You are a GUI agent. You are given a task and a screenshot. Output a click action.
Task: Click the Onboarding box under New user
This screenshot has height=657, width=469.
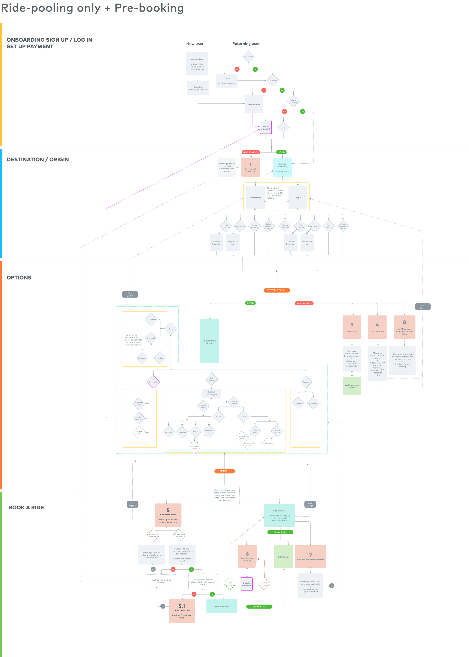point(197,64)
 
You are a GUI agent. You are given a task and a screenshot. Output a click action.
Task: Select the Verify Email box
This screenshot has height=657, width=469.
point(254,104)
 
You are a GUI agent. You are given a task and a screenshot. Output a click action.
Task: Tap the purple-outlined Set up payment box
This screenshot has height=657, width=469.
point(266,127)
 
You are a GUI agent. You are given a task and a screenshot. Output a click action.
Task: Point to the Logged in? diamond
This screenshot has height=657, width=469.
point(248,57)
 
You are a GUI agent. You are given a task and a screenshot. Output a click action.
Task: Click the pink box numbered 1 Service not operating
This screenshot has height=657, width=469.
point(250,167)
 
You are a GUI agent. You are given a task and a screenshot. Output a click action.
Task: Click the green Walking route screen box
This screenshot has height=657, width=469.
point(352,386)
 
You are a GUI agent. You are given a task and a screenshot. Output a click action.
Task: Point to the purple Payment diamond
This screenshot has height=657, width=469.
point(153,382)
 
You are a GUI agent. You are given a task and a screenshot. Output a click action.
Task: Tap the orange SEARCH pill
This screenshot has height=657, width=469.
point(224,471)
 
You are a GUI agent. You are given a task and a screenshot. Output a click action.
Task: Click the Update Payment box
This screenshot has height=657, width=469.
point(247,584)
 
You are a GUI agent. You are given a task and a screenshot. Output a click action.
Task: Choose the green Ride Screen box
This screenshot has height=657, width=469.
point(283,556)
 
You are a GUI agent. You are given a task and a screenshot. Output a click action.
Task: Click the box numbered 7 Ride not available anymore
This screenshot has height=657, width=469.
point(310,556)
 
